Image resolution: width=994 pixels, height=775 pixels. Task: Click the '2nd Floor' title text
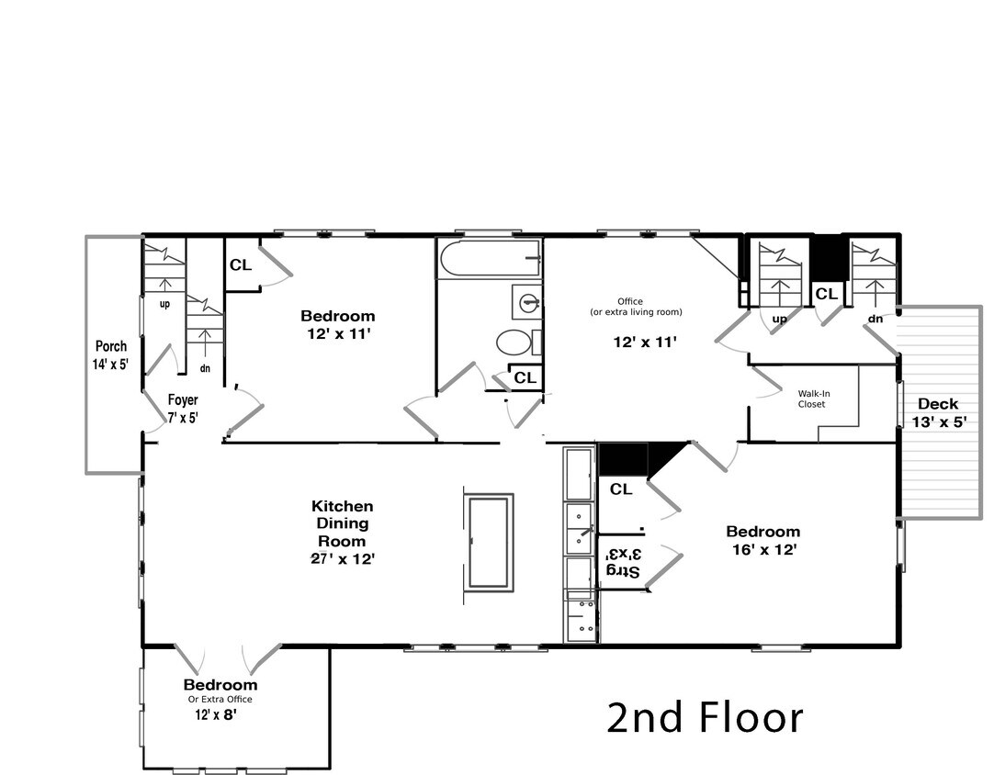(x=705, y=717)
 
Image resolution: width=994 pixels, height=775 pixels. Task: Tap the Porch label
(x=111, y=346)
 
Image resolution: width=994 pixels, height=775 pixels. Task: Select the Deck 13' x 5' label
(x=937, y=404)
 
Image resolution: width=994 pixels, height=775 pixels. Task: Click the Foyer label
(x=183, y=400)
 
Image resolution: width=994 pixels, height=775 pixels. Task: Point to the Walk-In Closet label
(x=811, y=399)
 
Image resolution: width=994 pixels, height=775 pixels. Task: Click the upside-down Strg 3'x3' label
(x=622, y=563)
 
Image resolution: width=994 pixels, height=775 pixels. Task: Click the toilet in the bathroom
(x=516, y=343)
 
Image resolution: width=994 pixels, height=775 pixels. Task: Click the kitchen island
(x=488, y=542)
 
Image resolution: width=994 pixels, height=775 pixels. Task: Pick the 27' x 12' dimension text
(x=342, y=557)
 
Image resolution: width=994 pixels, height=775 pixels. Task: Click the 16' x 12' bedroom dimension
(x=762, y=549)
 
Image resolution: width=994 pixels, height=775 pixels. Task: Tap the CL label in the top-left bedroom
(x=241, y=265)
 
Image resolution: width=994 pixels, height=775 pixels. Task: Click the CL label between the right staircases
(x=826, y=294)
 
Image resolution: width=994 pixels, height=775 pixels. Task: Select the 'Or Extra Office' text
(x=220, y=699)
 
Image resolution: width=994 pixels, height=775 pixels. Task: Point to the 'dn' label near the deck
(x=874, y=320)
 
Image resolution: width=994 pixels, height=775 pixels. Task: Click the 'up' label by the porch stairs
(x=164, y=303)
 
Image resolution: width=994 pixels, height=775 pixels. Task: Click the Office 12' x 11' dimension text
(x=645, y=342)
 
